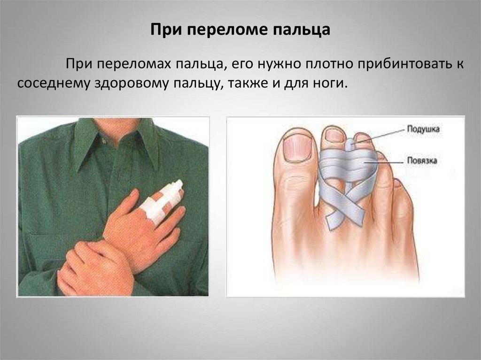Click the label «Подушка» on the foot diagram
423,129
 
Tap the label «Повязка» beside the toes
422,161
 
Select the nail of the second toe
334,135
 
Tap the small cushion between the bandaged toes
350,144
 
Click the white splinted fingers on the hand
163,200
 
